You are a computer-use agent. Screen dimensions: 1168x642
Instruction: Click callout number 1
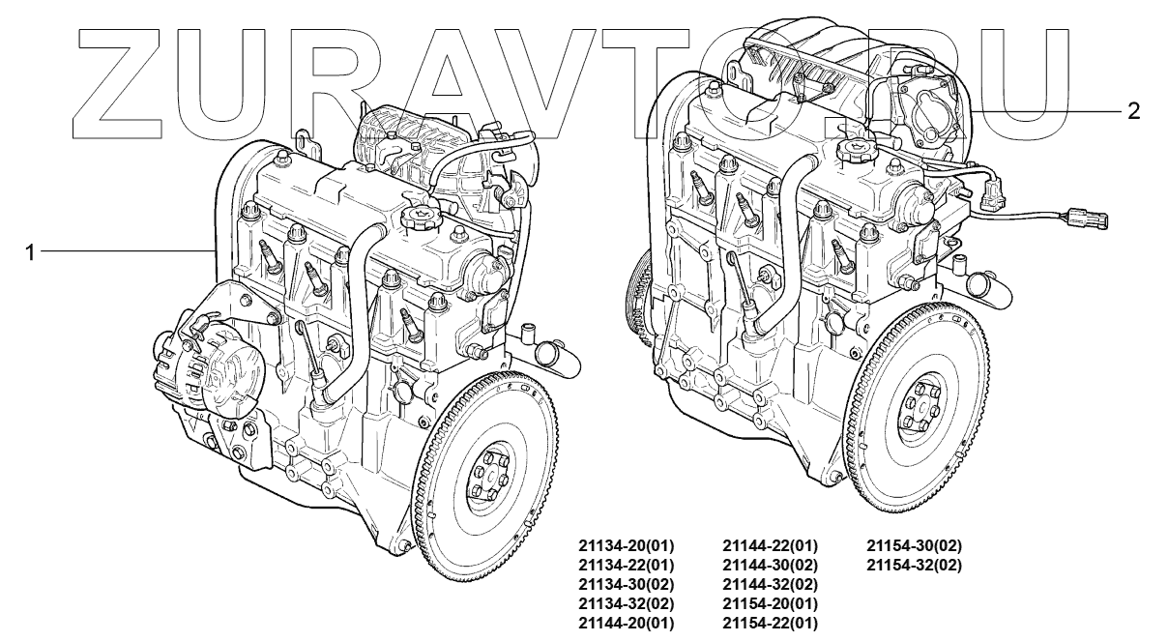(x=30, y=253)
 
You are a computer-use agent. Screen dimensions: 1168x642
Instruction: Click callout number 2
(x=1133, y=111)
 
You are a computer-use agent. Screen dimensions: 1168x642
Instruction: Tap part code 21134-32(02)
(x=626, y=604)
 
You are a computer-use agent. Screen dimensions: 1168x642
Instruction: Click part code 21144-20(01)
(x=626, y=624)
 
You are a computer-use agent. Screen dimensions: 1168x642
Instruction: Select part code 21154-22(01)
(x=770, y=624)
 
